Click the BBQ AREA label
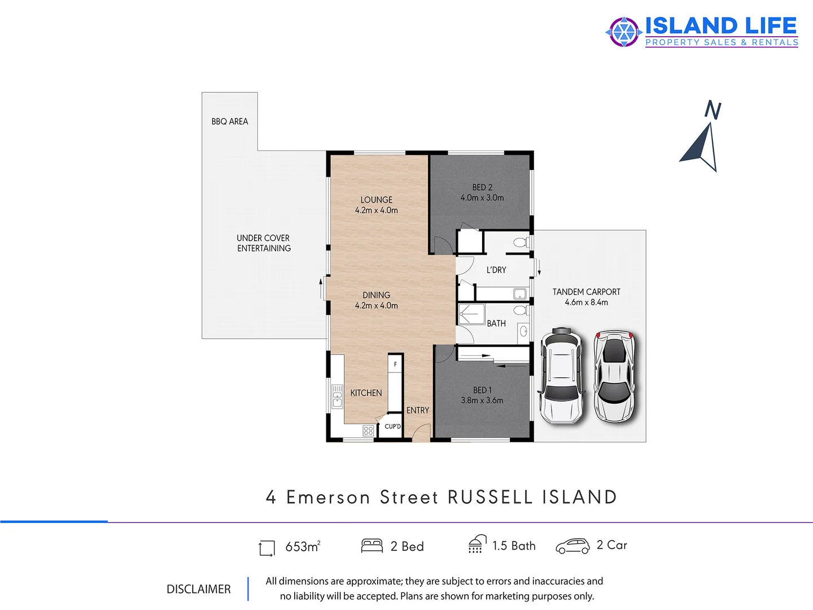click(230, 121)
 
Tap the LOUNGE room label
click(377, 200)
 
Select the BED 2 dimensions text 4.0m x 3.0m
click(482, 198)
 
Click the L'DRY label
click(496, 270)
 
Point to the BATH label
click(496, 324)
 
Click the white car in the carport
click(561, 376)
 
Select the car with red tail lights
click(614, 376)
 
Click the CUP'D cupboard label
click(392, 426)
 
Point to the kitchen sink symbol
click(337, 396)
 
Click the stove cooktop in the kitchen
click(368, 431)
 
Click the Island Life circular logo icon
click(623, 32)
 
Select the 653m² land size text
click(303, 546)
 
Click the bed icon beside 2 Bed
click(372, 546)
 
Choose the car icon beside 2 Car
click(572, 546)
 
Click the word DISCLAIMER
click(199, 589)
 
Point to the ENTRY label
click(418, 411)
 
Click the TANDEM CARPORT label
click(586, 292)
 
